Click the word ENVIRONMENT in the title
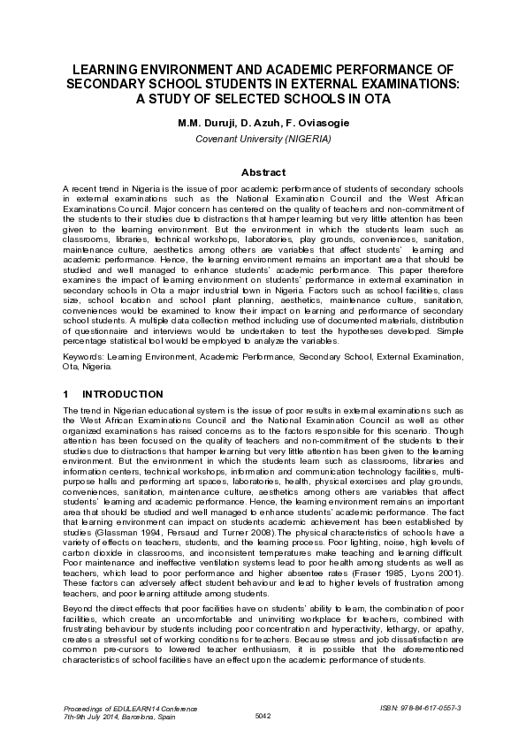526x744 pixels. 186,69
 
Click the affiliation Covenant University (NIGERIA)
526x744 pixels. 263,140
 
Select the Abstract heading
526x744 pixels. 263,173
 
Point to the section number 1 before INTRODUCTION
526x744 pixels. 66,393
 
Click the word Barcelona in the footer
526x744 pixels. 137,717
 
